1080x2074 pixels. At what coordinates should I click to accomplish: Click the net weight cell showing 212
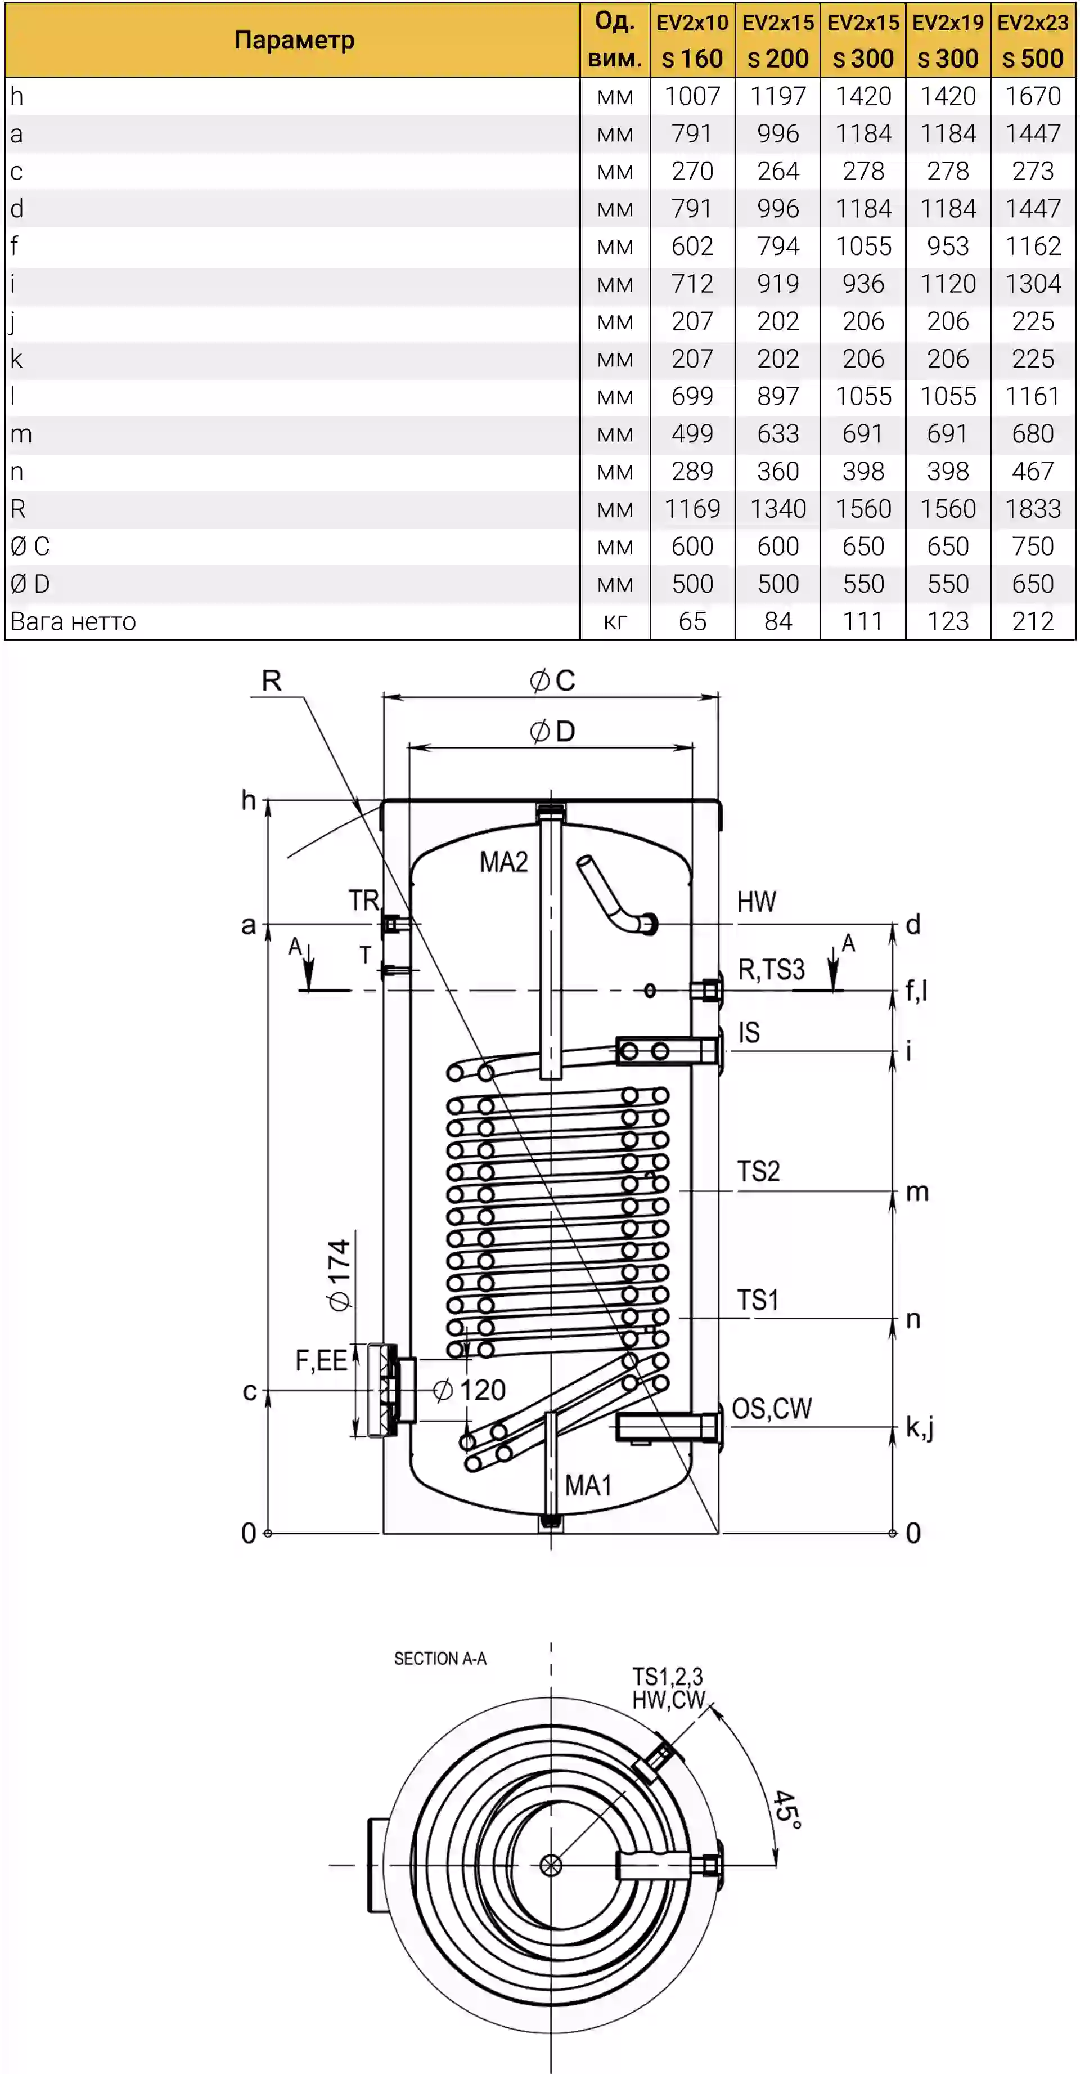tap(1033, 621)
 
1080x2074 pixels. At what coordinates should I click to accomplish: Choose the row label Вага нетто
tap(73, 621)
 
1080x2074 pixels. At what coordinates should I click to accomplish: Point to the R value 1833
tap(1033, 508)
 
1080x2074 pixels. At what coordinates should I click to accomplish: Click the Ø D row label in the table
tap(30, 584)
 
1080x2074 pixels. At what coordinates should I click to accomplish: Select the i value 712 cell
tap(692, 284)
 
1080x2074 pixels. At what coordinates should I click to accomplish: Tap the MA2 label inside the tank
tap(504, 862)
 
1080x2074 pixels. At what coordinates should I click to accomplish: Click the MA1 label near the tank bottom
tap(588, 1485)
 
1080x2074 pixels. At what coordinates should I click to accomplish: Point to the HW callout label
tap(757, 902)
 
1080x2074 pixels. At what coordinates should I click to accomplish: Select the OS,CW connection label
tap(772, 1408)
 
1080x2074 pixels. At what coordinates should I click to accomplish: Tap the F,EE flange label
tap(321, 1361)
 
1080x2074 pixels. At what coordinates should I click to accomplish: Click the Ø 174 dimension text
tap(340, 1275)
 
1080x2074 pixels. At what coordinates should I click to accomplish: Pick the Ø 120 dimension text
tap(469, 1390)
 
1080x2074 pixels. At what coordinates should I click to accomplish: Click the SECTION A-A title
tap(440, 1659)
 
